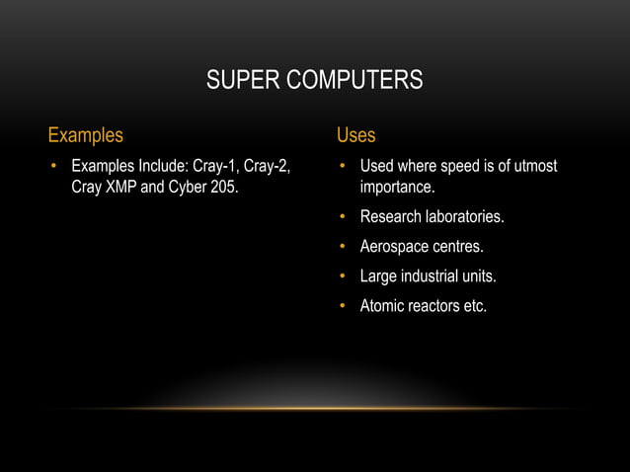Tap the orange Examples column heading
tap(86, 135)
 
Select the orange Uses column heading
tap(355, 135)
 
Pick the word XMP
tap(121, 187)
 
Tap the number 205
tap(223, 187)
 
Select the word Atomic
tap(384, 306)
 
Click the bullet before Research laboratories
tap(342, 217)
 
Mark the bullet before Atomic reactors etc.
tap(342, 306)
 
